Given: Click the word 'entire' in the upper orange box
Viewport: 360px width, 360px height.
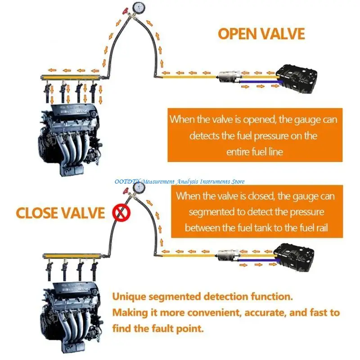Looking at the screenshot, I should pos(238,152).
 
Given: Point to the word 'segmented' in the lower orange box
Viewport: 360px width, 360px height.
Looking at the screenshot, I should pos(214,211).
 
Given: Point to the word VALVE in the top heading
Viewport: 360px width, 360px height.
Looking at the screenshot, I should pos(282,34).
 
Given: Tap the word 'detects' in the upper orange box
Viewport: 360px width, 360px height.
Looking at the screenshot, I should pos(205,136).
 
